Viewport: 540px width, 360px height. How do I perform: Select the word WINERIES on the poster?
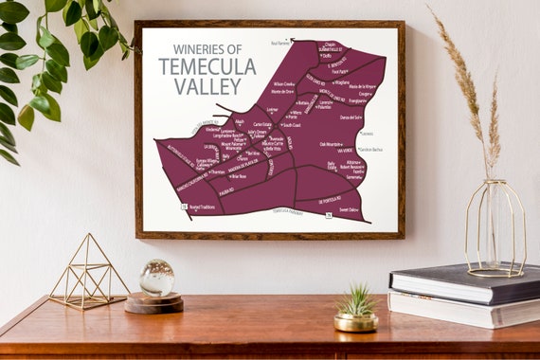tap(191, 49)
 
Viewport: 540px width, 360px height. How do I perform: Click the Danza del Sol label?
tap(351, 117)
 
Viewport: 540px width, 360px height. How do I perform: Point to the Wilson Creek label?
tap(283, 83)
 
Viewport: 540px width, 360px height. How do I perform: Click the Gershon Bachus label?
tap(370, 150)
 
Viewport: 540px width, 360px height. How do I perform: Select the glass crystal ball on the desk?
tap(156, 278)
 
